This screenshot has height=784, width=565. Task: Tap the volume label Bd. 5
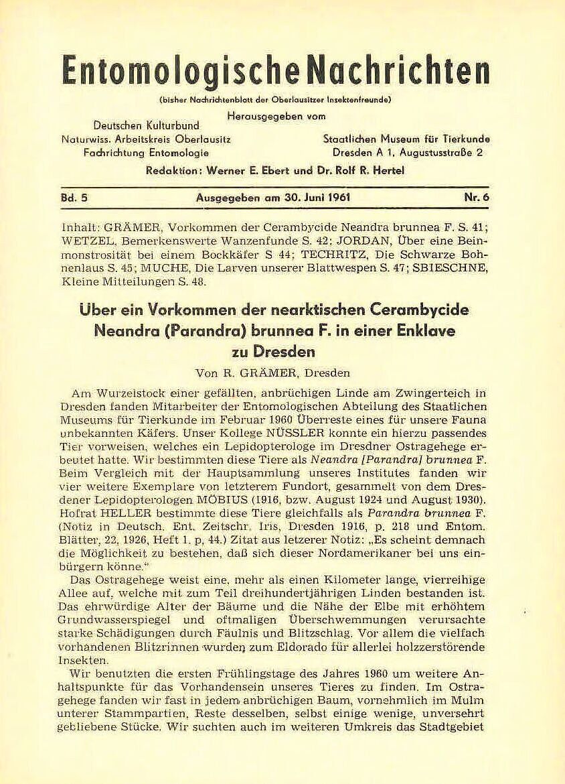tap(76, 198)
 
